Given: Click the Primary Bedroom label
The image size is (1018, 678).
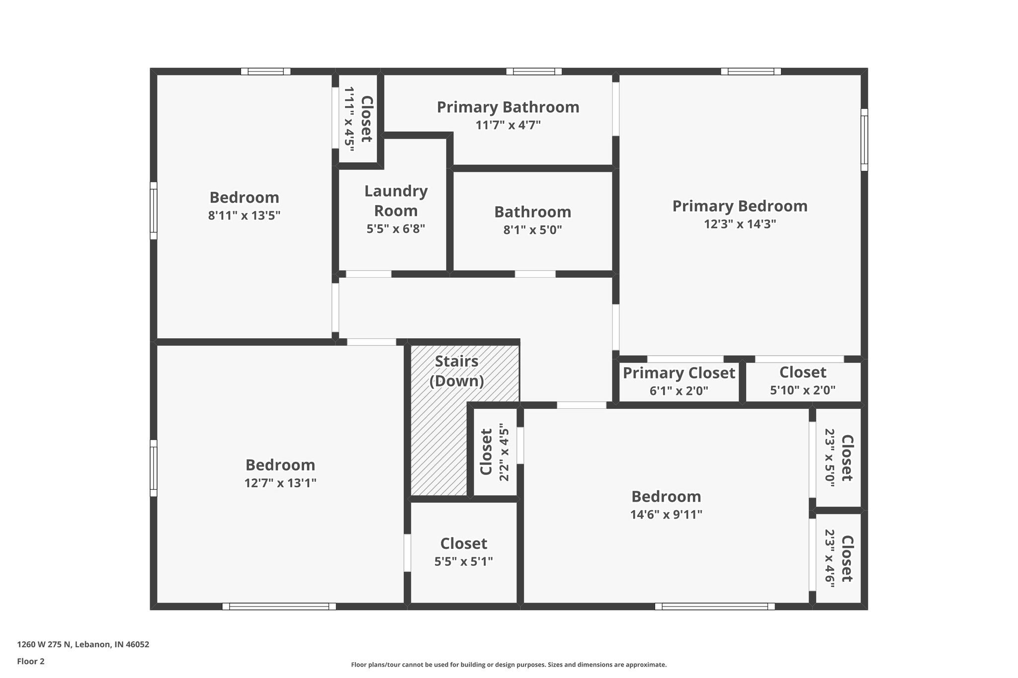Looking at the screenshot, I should click(x=740, y=206).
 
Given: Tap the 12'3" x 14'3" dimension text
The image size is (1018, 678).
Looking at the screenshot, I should click(x=740, y=224).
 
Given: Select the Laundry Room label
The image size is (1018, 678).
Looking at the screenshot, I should click(x=396, y=201).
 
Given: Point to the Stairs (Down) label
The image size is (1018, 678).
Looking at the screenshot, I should click(x=456, y=371).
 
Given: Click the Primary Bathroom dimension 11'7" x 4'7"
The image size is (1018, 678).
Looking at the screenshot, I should click(x=508, y=125).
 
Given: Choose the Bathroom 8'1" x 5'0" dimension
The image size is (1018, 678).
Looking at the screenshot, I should click(x=532, y=230).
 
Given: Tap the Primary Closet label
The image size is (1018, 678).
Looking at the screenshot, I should click(x=679, y=373).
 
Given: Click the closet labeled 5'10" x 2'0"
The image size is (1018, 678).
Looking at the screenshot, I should click(x=802, y=380).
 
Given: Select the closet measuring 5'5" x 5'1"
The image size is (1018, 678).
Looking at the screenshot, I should click(x=463, y=552).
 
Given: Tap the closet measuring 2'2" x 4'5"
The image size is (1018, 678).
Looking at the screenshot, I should click(x=494, y=452).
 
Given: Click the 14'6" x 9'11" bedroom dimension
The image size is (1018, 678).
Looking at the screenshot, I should click(x=666, y=515).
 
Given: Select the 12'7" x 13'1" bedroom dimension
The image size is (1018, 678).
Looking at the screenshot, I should click(x=280, y=483).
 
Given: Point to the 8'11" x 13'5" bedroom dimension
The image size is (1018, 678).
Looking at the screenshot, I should click(x=244, y=216).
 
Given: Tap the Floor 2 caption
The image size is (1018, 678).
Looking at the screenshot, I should click(x=31, y=661).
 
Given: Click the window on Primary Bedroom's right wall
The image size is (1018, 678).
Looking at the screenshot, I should click(x=864, y=140).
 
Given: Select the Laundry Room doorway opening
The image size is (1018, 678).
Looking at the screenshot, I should click(x=368, y=274).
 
